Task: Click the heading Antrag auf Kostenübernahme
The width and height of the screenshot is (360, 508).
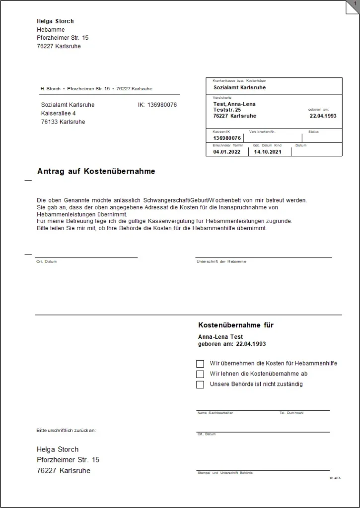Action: (x=96, y=171)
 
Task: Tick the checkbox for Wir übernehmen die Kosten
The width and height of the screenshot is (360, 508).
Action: (x=200, y=364)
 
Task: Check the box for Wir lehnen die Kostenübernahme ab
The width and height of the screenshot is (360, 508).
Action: (x=200, y=374)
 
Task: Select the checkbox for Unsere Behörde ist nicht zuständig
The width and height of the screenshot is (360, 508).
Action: (x=200, y=384)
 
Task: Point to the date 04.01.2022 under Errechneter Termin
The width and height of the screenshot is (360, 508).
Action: (x=226, y=152)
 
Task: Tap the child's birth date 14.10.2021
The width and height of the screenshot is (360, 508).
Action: (x=268, y=152)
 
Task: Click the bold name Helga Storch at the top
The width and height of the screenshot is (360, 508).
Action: (x=55, y=21)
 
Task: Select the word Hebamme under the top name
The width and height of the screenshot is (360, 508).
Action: (x=51, y=30)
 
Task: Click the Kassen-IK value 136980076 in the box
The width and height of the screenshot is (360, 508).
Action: (x=227, y=138)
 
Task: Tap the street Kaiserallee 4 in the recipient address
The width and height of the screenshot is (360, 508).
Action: (x=58, y=113)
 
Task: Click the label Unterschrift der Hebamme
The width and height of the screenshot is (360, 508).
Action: (x=221, y=261)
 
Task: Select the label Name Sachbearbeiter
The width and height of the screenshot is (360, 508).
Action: (x=215, y=413)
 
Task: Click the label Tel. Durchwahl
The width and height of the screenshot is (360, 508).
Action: (x=291, y=413)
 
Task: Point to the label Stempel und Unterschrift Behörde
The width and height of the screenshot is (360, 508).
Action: (x=225, y=473)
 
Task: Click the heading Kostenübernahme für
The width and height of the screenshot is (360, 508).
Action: (x=236, y=325)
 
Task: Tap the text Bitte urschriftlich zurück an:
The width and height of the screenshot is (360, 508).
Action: (x=66, y=430)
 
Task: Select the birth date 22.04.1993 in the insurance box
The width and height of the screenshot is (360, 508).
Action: (x=323, y=116)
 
